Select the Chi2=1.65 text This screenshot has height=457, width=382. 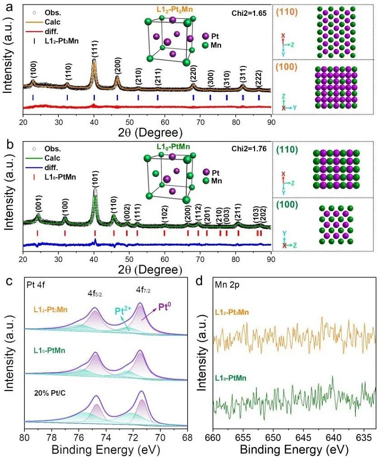251,8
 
